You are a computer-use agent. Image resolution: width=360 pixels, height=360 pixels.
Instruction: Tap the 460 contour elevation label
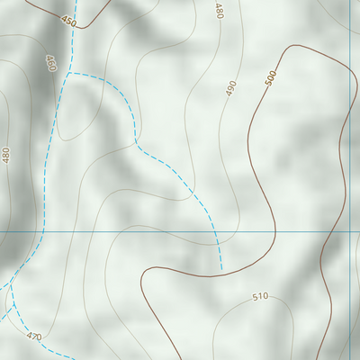pos(50,63)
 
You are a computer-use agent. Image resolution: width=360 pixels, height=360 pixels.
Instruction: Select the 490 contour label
pos(231,88)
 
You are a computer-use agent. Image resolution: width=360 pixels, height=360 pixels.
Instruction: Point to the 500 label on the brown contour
pos(270,79)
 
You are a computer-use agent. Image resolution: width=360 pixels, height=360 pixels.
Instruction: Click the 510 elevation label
pos(260,296)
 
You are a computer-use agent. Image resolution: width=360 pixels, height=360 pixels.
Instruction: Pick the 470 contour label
pos(34,337)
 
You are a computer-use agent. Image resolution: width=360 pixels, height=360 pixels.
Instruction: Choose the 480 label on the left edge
pos(7,155)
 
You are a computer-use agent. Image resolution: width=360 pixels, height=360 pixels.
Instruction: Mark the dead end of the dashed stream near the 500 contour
pos(221,269)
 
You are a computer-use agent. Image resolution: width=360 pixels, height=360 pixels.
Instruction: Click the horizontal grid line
pos(135,231)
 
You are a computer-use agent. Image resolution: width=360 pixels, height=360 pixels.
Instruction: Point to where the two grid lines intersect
pos(349,231)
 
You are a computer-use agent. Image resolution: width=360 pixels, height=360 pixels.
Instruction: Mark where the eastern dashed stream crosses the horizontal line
pos(215,231)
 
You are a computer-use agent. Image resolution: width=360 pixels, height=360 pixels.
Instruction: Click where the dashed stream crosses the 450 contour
pos(74,24)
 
